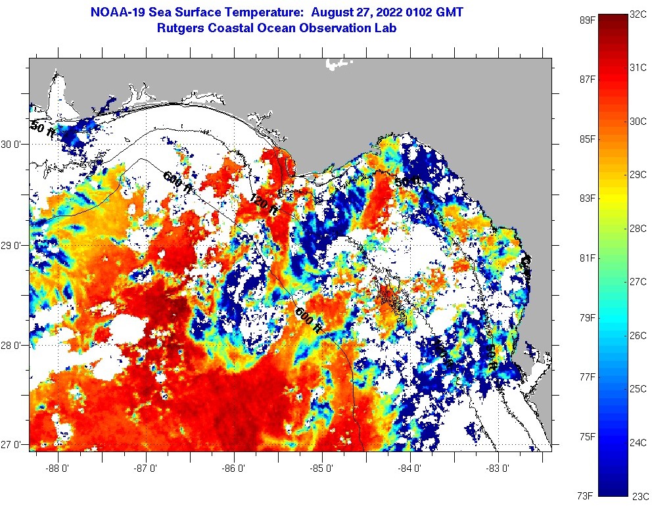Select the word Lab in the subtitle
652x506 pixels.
pos(386,28)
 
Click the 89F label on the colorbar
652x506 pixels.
pos(586,20)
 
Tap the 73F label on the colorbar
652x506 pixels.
pos(586,495)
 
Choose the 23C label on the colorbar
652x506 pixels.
pos(640,495)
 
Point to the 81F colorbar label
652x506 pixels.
pos(586,258)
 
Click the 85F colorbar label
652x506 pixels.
pos(586,139)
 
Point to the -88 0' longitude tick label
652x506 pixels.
pos(57,468)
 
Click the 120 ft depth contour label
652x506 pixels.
pos(263,204)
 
